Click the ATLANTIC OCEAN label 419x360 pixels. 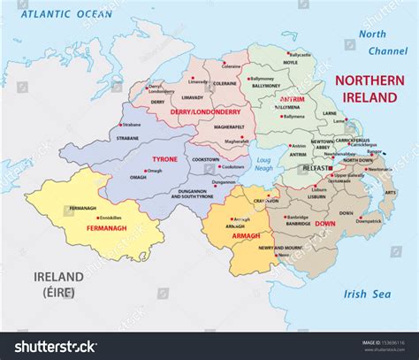(67, 15)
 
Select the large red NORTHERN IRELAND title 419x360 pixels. (369, 88)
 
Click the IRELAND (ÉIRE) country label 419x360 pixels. (58, 283)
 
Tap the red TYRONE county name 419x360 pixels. (164, 159)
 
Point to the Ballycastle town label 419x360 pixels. (301, 55)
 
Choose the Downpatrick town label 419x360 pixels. (369, 221)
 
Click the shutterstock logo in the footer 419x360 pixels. (50, 346)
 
